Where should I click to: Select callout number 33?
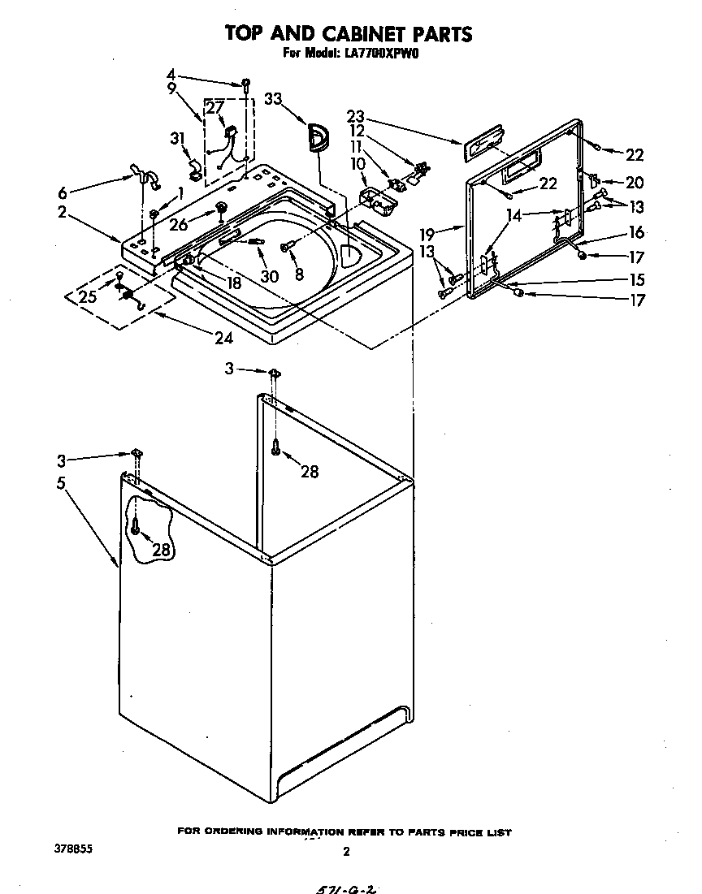pyautogui.click(x=273, y=99)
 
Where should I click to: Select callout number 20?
pyautogui.click(x=634, y=182)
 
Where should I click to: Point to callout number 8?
pyautogui.click(x=299, y=274)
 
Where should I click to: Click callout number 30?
pyautogui.click(x=269, y=276)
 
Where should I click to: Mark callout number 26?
pyautogui.click(x=178, y=225)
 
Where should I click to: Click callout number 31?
pyautogui.click(x=178, y=140)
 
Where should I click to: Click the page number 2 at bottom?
pyautogui.click(x=346, y=852)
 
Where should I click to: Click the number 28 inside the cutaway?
pyautogui.click(x=162, y=550)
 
